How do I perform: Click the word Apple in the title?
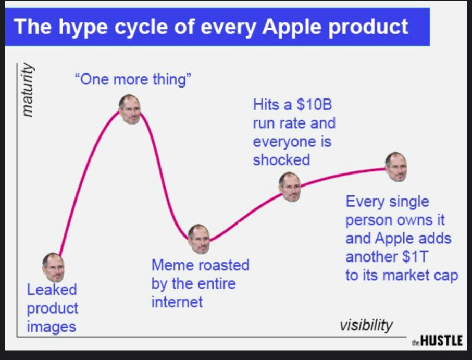point(291,27)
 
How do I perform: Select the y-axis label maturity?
point(28,90)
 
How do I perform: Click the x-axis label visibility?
point(366,325)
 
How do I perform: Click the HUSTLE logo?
point(437,340)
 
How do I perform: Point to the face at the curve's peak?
point(129,109)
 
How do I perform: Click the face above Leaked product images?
point(53,267)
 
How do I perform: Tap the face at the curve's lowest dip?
point(198,239)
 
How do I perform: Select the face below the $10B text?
point(290,187)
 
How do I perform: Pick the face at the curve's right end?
point(396,167)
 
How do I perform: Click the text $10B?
point(314,105)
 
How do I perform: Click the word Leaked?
point(52,290)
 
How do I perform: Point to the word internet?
point(177,302)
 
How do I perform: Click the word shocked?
point(281,160)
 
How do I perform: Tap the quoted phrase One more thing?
point(133,80)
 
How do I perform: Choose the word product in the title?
point(368,28)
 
